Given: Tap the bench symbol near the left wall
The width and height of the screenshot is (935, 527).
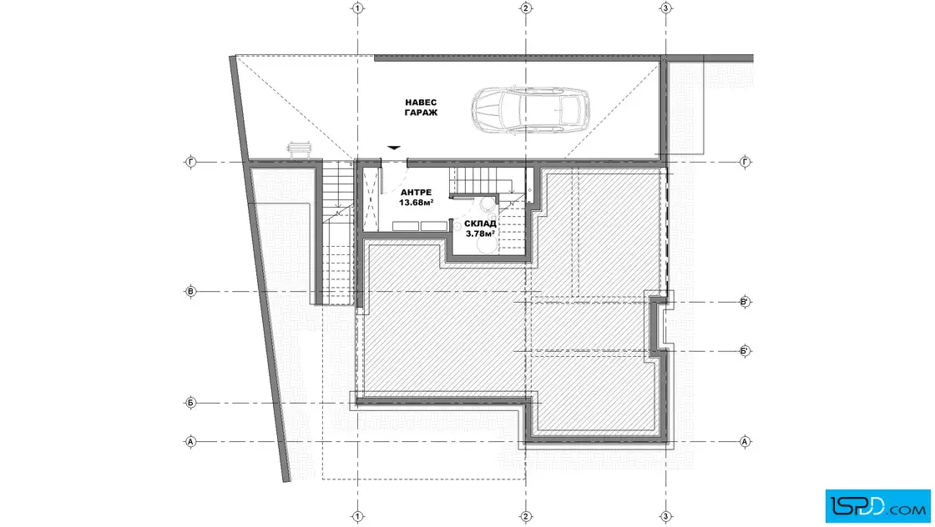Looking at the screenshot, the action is click(300, 149).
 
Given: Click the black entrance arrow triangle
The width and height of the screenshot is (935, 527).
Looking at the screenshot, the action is click(393, 147).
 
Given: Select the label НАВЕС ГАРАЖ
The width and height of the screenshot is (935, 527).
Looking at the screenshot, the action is click(421, 108).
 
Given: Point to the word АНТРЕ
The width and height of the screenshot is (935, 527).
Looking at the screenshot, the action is click(417, 193).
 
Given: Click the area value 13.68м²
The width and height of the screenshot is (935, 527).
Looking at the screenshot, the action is click(417, 203).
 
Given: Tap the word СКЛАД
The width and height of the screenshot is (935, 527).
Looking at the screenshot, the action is click(480, 224).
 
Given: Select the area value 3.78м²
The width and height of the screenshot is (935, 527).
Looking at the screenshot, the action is click(480, 234).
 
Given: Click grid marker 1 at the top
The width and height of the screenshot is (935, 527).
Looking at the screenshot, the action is click(358, 8).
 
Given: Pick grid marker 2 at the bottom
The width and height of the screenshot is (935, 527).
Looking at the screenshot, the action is click(525, 517).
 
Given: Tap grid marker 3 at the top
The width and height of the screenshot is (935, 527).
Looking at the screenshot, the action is click(665, 8).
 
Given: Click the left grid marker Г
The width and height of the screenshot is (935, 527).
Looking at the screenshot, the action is click(191, 162).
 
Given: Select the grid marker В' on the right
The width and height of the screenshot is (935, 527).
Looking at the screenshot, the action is click(745, 302).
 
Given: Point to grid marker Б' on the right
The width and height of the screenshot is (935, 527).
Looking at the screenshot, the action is click(745, 351).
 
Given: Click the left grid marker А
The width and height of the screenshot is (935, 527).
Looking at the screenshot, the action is click(191, 442).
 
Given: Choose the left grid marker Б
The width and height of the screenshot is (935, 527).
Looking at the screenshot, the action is click(191, 403).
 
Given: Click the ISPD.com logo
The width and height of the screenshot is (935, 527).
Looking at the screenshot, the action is click(877, 506).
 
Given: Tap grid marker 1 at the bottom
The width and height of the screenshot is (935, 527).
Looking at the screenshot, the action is click(358, 517).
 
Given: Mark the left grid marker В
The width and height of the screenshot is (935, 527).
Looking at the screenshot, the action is click(191, 292).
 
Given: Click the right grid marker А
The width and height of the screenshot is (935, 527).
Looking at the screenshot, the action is click(745, 442).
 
